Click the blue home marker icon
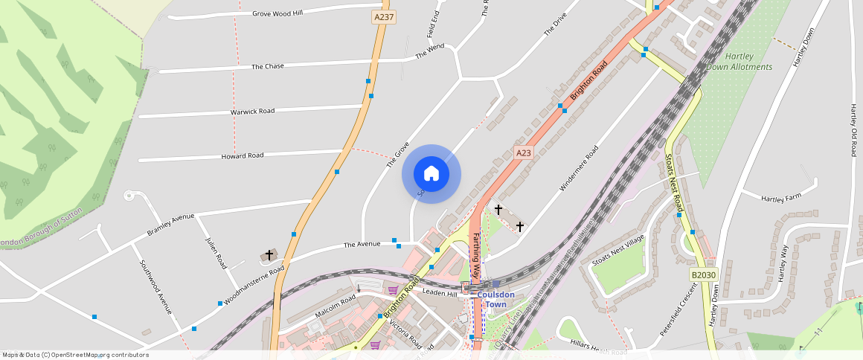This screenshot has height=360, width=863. tap(431, 174)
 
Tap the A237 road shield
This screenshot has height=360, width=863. tap(383, 16)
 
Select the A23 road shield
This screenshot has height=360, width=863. tap(524, 153)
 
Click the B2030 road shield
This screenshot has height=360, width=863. tap(703, 275)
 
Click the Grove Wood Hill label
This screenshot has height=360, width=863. tap(277, 13)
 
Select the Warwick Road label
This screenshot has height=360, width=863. tap(252, 112)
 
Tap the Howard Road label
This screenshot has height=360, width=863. tap(242, 156)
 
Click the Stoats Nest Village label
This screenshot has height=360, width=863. tap(617, 251)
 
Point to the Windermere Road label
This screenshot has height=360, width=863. tap(578, 168)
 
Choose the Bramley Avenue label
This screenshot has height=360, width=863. tap(170, 225)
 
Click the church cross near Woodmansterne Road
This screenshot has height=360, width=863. tap(269, 255)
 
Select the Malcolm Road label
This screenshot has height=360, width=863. tap(337, 305)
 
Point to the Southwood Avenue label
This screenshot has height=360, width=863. tap(155, 286)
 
